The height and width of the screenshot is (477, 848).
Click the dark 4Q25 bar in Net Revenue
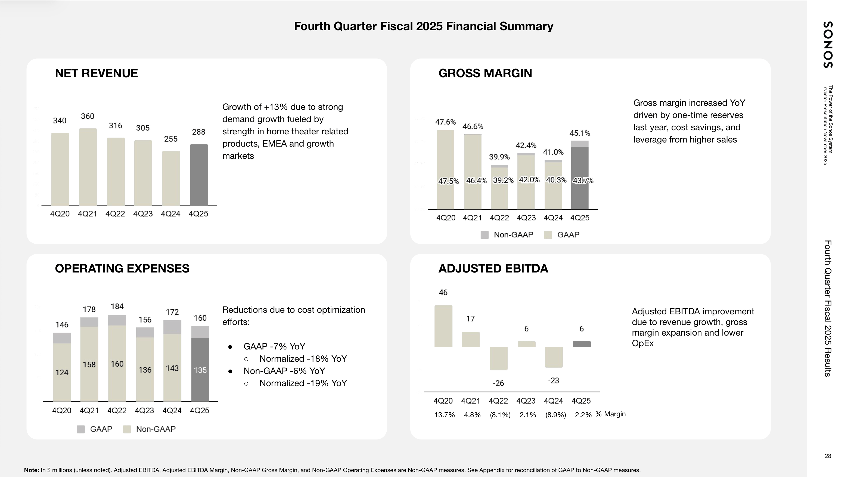click(199, 175)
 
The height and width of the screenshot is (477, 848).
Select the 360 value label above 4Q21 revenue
click(88, 116)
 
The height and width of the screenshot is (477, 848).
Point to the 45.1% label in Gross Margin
click(580, 133)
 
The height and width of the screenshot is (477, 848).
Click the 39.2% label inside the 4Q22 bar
click(503, 180)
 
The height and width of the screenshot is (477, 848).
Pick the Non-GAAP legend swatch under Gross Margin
click(484, 235)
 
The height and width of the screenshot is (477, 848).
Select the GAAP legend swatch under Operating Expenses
click(81, 429)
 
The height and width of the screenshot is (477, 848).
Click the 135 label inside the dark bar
click(200, 370)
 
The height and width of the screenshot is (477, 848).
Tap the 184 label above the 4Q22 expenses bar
click(117, 306)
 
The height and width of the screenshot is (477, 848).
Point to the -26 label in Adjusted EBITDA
click(498, 383)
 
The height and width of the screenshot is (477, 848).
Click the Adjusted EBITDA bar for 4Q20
click(443, 326)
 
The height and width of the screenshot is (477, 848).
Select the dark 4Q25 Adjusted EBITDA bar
click(582, 344)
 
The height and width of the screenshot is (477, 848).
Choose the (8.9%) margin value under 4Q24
click(556, 415)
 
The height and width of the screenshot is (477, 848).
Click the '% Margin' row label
click(610, 414)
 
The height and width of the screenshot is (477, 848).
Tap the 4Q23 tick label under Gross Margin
click(526, 218)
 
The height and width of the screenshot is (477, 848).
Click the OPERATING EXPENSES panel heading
click(122, 269)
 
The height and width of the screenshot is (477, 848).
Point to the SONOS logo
click(828, 45)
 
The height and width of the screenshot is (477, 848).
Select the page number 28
click(828, 456)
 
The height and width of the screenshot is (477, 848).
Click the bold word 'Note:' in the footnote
click(32, 470)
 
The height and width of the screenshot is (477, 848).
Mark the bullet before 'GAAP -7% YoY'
click(231, 347)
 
